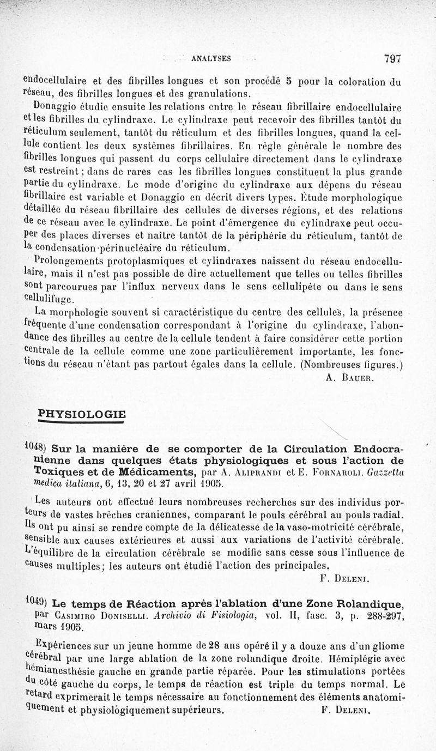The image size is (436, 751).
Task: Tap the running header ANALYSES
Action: (211, 59)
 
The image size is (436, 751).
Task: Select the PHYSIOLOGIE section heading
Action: (82, 414)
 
